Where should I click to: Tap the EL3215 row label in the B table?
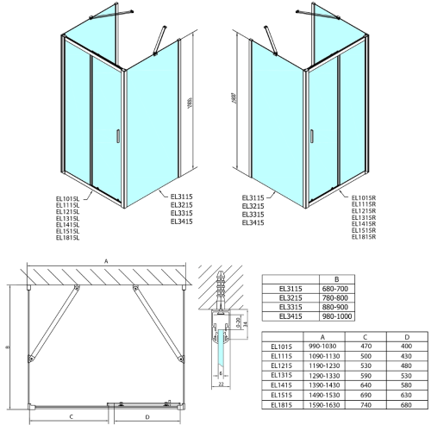click(281, 298)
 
